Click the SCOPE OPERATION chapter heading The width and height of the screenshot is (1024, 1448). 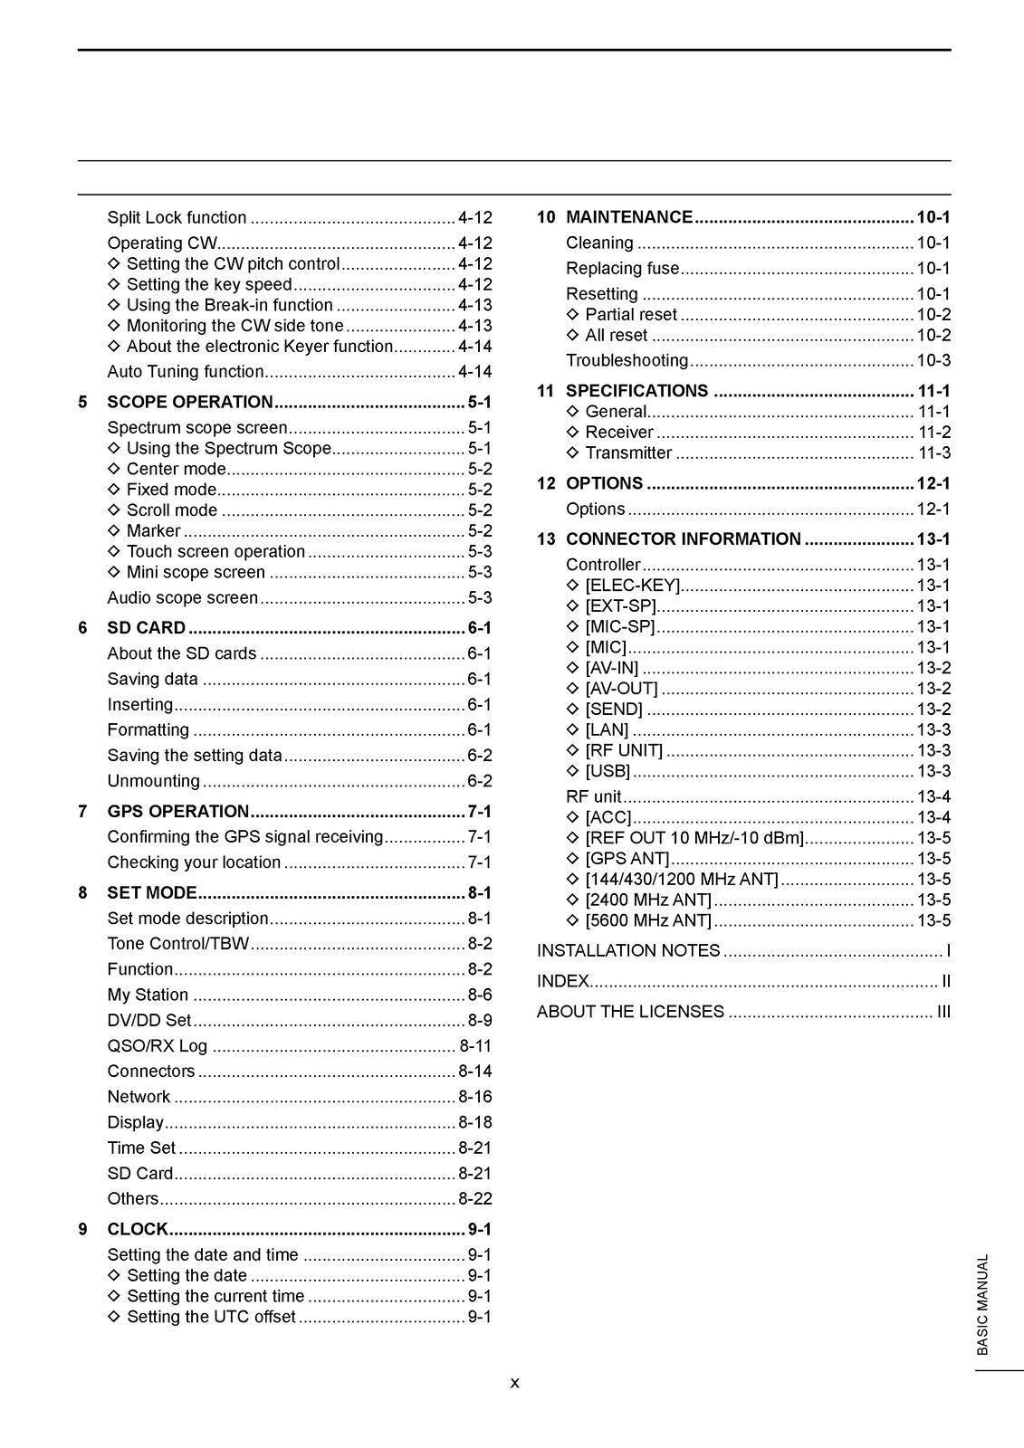click(x=189, y=402)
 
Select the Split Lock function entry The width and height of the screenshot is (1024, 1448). click(x=177, y=217)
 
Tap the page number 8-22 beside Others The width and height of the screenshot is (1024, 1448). click(x=474, y=1198)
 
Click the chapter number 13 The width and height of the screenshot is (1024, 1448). click(x=546, y=539)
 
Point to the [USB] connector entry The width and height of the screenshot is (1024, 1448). click(x=608, y=771)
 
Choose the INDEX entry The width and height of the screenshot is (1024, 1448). click(x=563, y=981)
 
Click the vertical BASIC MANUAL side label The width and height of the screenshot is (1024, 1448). click(x=983, y=1304)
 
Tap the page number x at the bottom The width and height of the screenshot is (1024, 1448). click(x=514, y=1383)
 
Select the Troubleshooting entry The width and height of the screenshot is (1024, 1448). click(x=627, y=360)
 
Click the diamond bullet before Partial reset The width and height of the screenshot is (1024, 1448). click(x=572, y=314)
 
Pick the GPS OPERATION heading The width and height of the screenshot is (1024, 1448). click(x=177, y=811)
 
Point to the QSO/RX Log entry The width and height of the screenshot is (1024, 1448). click(x=157, y=1045)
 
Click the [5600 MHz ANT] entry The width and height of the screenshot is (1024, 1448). click(x=648, y=920)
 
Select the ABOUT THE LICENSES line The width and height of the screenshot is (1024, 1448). click(x=630, y=1012)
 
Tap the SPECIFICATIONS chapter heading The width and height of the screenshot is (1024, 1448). click(x=636, y=391)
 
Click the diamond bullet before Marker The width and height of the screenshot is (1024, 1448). click(x=113, y=530)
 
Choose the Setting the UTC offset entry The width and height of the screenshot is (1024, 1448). click(x=211, y=1317)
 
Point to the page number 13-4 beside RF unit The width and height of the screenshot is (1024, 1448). click(x=933, y=796)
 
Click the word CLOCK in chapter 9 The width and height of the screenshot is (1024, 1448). click(x=138, y=1229)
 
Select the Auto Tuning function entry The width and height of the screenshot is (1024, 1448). click(x=186, y=371)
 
